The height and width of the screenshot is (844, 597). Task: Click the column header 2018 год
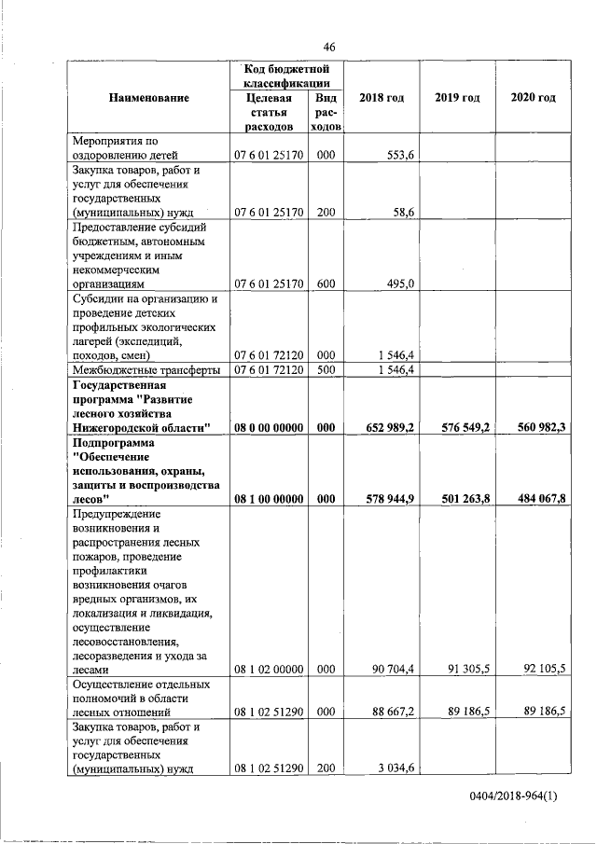[381, 99]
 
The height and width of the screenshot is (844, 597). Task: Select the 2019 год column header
[457, 99]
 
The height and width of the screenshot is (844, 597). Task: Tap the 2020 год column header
[534, 99]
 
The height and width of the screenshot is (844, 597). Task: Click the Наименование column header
[148, 99]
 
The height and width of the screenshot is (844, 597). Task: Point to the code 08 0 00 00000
[269, 427]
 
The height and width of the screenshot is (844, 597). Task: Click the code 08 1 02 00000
[269, 669]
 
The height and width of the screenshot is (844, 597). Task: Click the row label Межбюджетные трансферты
[139, 369]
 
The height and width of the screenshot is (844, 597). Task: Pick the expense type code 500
[326, 369]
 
